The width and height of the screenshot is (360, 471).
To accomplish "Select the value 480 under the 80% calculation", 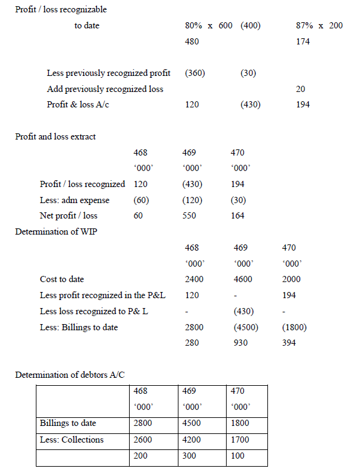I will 192,41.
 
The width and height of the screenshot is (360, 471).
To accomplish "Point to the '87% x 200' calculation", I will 320,26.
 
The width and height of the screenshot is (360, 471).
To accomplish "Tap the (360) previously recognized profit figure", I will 195,73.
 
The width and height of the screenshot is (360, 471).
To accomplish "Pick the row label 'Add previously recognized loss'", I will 105,89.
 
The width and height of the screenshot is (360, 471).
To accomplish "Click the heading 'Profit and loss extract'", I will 55,136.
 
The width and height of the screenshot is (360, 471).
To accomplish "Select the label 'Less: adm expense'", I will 74,200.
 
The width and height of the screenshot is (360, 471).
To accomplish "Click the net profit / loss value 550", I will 190,215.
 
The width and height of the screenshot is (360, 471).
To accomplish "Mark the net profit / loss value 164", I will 237,215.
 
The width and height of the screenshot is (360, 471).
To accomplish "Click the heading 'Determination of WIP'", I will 56,231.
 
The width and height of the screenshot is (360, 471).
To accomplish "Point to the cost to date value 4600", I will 243,279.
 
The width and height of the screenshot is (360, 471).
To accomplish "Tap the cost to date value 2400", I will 194,279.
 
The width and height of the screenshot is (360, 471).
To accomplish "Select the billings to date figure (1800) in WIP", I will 293,327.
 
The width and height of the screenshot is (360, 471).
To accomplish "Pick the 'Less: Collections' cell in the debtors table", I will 72,440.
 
